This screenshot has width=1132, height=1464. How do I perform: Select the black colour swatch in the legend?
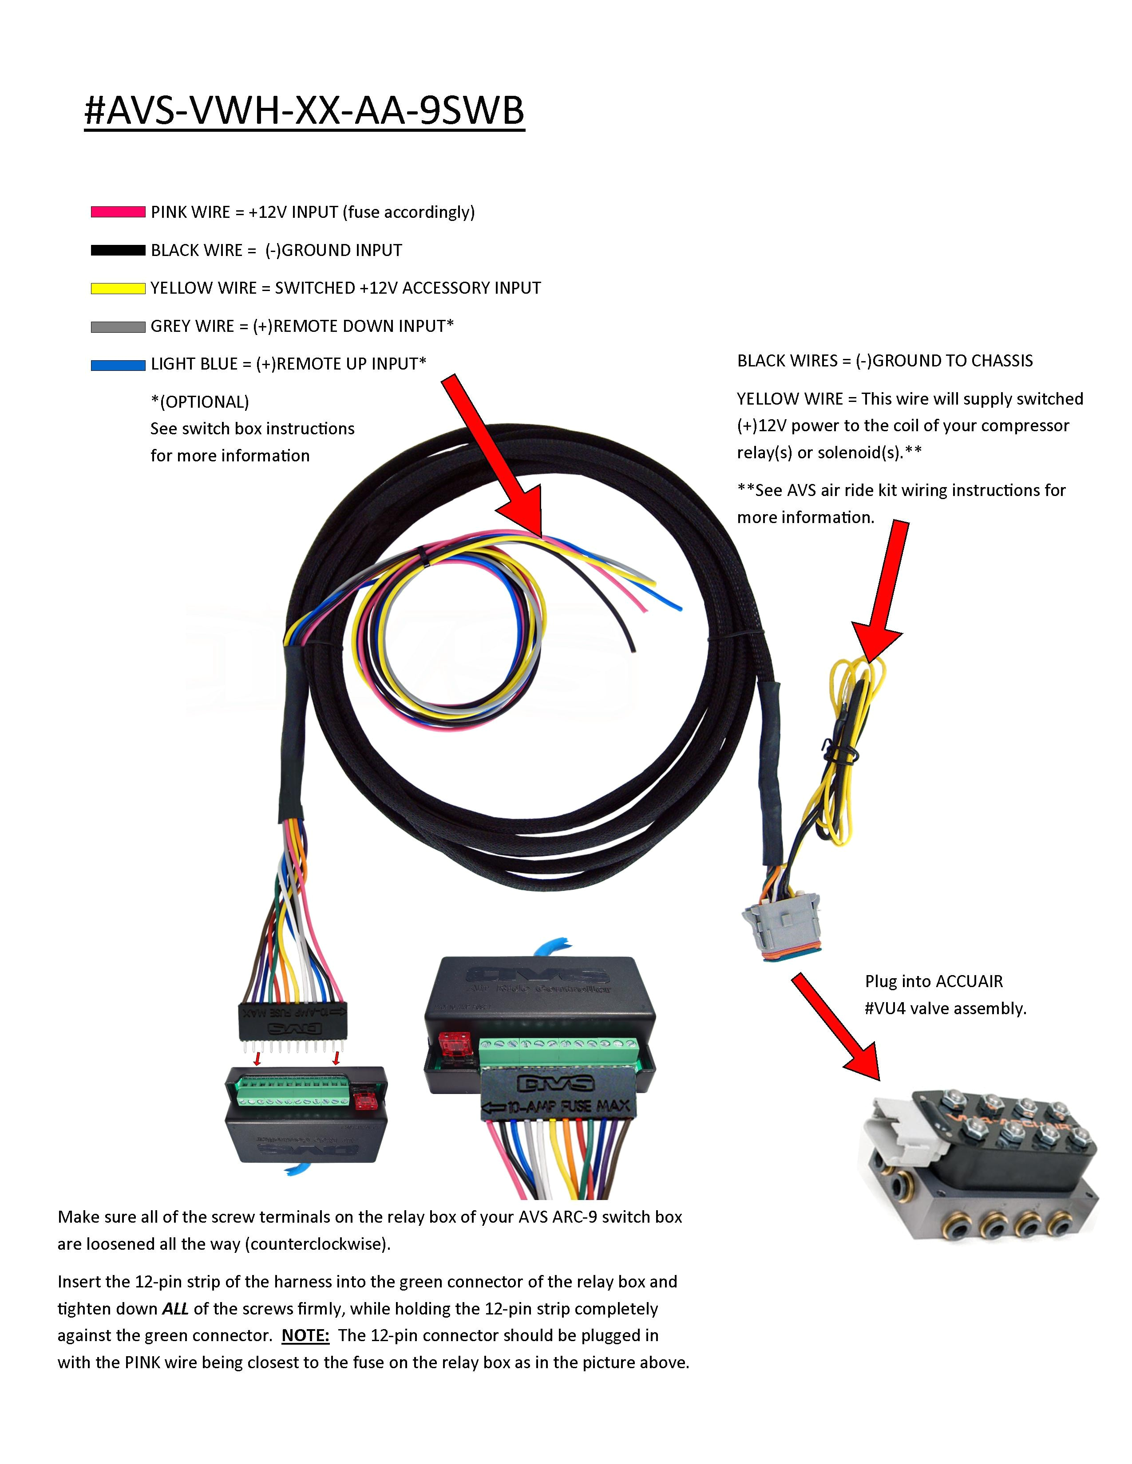tap(118, 251)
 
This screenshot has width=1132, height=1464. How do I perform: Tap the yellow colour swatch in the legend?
tap(118, 289)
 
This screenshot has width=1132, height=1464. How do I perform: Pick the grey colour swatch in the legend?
tap(118, 327)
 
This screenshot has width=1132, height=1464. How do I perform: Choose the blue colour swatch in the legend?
tap(118, 365)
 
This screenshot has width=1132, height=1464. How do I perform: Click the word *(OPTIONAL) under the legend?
tap(200, 402)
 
